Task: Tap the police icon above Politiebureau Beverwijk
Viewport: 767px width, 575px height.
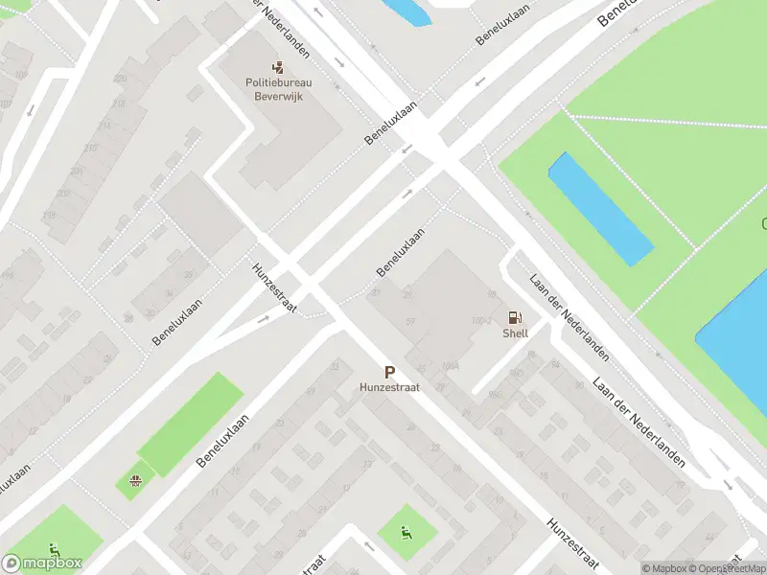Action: point(279,68)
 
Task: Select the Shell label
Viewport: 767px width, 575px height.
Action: point(515,333)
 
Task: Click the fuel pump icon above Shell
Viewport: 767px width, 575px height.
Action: point(515,317)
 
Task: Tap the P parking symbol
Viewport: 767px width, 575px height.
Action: point(389,372)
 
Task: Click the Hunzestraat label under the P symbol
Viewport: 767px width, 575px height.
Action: point(389,388)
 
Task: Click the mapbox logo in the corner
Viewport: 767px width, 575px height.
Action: point(42,563)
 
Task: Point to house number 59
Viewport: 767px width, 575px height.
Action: point(410,321)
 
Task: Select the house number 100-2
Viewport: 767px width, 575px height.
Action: point(481,320)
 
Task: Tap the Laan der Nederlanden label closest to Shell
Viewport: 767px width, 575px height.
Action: point(569,317)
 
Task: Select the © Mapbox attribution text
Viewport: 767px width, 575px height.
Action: point(662,568)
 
